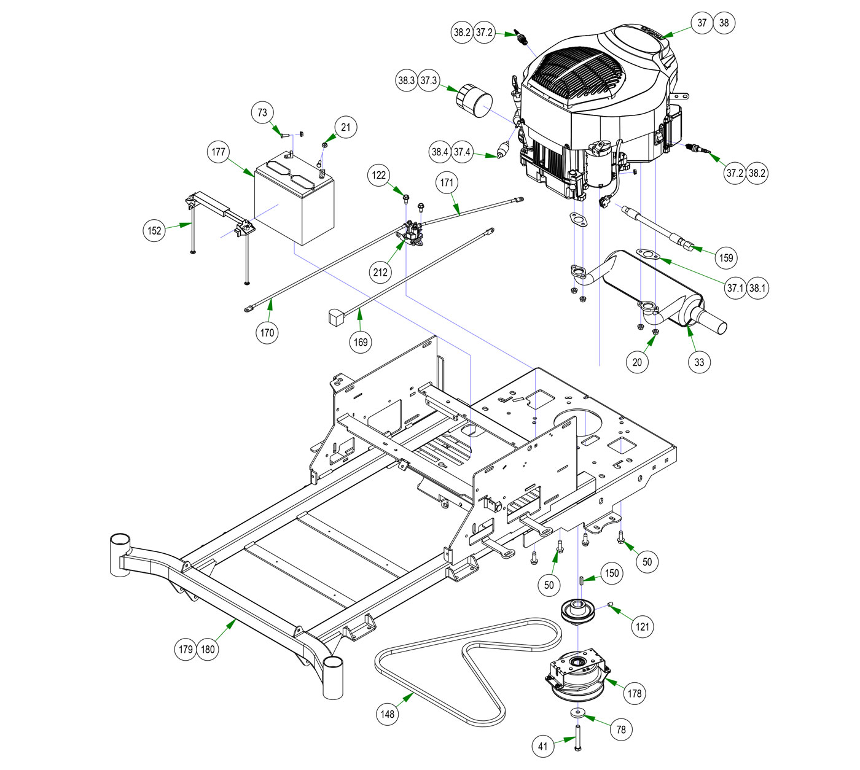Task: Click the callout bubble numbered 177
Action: (x=219, y=152)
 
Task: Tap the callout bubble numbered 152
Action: (x=154, y=230)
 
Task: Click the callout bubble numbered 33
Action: (x=699, y=362)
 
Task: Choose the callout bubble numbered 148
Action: (x=388, y=714)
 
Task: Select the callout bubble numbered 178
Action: (x=634, y=693)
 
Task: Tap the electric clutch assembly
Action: (x=577, y=675)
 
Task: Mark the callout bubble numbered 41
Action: (x=542, y=747)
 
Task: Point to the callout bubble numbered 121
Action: (x=643, y=626)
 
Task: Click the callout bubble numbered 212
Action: (x=380, y=271)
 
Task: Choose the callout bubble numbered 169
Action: (x=361, y=341)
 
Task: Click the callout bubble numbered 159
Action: (x=726, y=257)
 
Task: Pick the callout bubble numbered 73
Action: (x=262, y=112)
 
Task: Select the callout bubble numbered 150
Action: (x=612, y=573)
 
